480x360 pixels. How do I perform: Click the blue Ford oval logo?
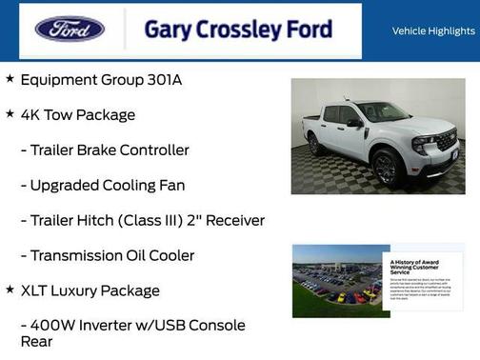click(70, 29)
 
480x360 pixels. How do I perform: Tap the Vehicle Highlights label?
click(433, 31)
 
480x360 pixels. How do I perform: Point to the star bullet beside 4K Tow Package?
click(10, 114)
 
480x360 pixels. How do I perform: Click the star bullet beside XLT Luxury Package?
click(10, 290)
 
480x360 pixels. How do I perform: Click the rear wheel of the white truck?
click(316, 145)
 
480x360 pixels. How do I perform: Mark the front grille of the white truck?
click(445, 143)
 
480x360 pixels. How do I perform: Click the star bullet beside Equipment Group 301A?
click(10, 79)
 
